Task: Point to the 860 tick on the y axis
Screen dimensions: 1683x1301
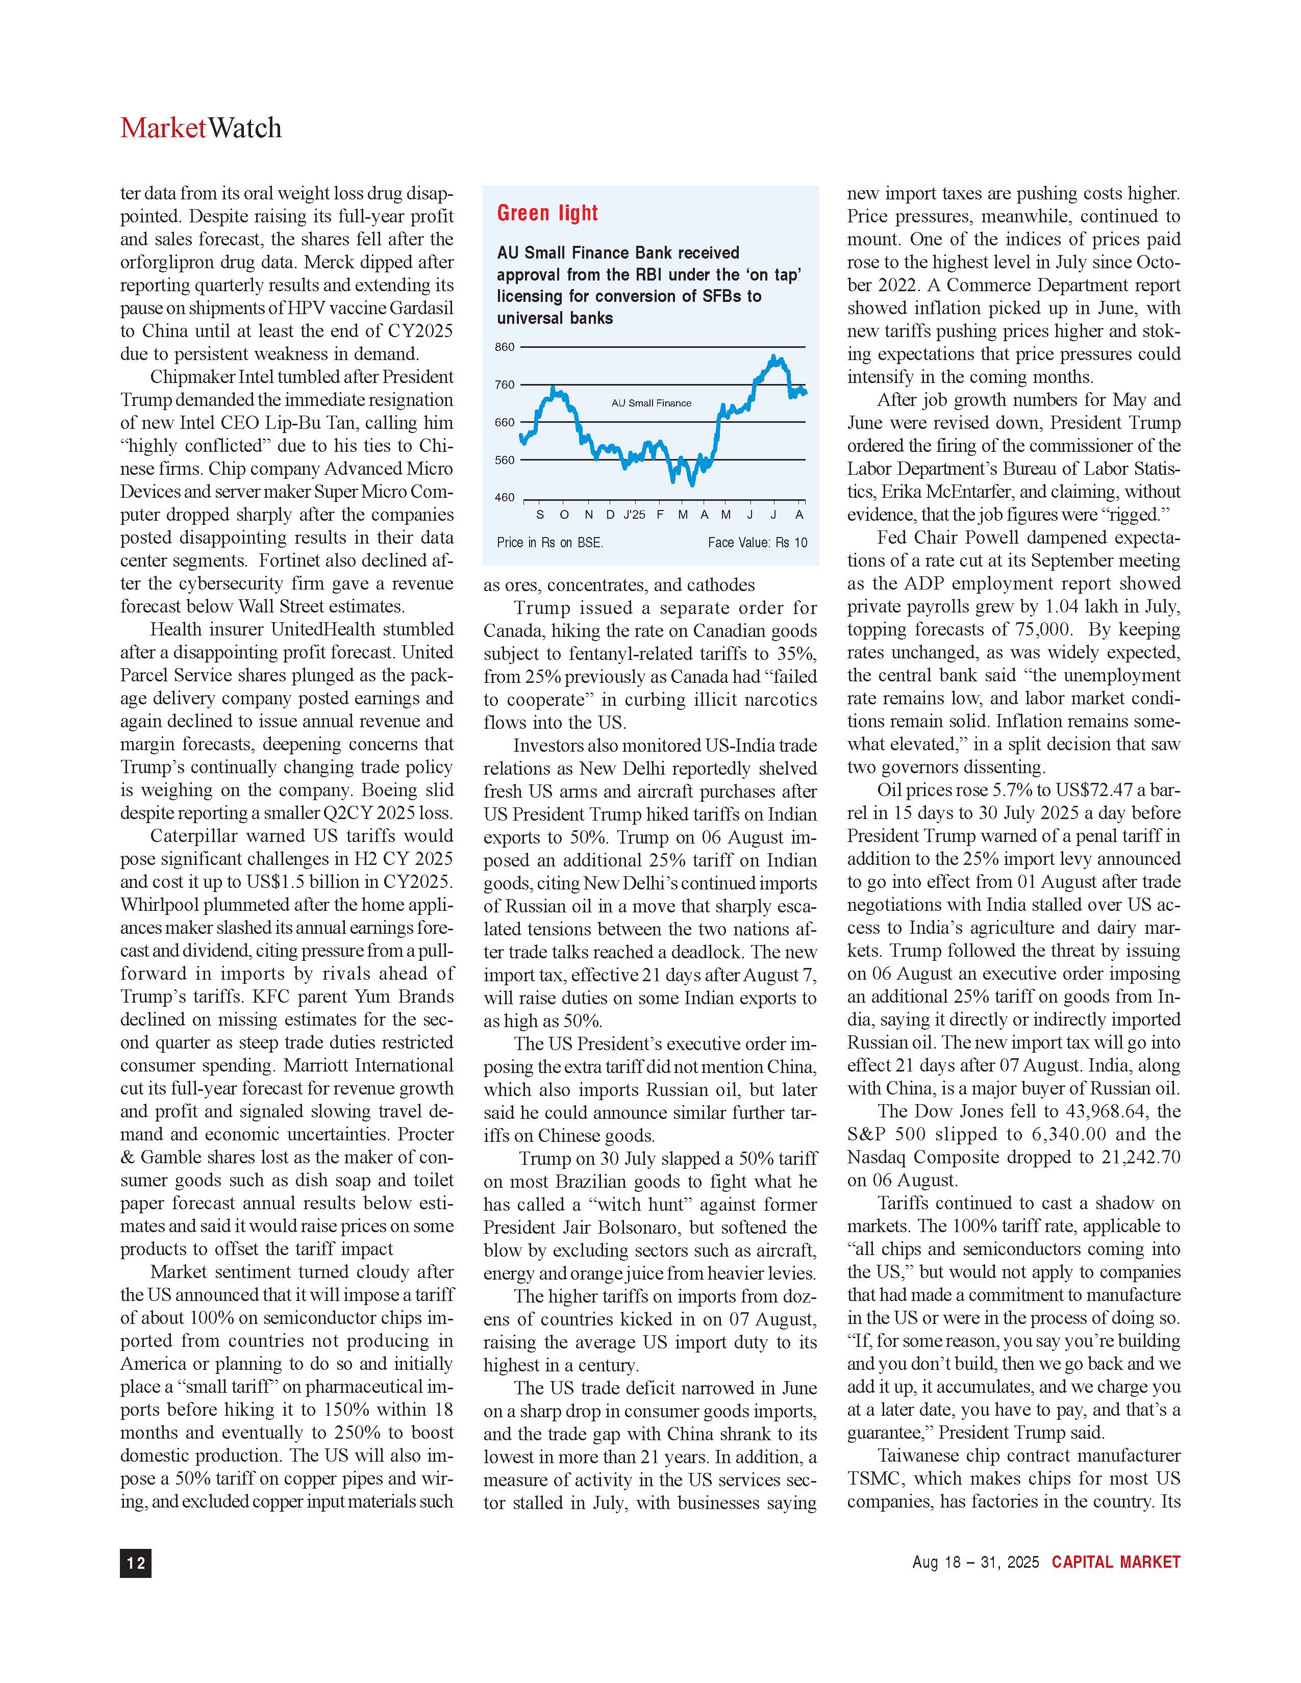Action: pyautogui.click(x=505, y=347)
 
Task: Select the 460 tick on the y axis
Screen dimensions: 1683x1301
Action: pyautogui.click(x=505, y=498)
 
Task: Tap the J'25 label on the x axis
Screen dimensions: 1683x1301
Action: pyautogui.click(x=634, y=514)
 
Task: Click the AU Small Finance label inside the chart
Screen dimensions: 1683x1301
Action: pyautogui.click(x=652, y=403)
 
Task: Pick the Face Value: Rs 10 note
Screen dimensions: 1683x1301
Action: pyautogui.click(x=757, y=543)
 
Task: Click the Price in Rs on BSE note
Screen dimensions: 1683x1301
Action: pyautogui.click(x=549, y=543)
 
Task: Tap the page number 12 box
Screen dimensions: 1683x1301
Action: pyautogui.click(x=136, y=1563)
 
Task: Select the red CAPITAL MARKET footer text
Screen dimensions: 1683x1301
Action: pyautogui.click(x=1116, y=1562)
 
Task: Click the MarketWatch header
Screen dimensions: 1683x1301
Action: pyautogui.click(x=201, y=128)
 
